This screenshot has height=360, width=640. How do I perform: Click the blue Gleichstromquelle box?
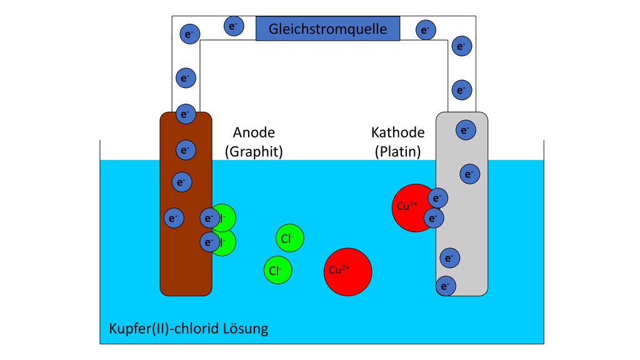(x=327, y=29)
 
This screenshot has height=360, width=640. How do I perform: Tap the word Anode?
(x=254, y=132)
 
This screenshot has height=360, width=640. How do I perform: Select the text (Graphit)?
(x=254, y=152)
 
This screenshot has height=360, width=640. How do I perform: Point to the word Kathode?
(x=398, y=132)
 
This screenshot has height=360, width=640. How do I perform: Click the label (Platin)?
(x=398, y=152)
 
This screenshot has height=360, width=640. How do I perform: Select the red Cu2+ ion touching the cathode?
(x=413, y=207)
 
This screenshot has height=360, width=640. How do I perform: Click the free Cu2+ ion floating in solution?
(x=347, y=272)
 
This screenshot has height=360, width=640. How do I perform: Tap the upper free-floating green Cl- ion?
(x=290, y=238)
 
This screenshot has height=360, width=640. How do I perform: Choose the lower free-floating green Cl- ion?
(x=277, y=270)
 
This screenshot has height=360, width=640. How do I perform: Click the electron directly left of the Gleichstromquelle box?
(x=234, y=26)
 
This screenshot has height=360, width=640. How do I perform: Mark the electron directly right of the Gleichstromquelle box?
(x=426, y=30)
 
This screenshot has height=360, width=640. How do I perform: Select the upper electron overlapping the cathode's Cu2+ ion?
(x=437, y=198)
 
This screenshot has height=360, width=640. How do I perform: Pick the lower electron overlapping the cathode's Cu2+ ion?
(x=434, y=218)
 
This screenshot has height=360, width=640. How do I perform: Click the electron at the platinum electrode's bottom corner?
(x=446, y=286)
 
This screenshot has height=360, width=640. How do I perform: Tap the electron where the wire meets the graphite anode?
(x=186, y=114)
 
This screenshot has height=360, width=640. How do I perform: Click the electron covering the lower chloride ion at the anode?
(x=210, y=242)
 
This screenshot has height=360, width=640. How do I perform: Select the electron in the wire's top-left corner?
(x=189, y=34)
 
